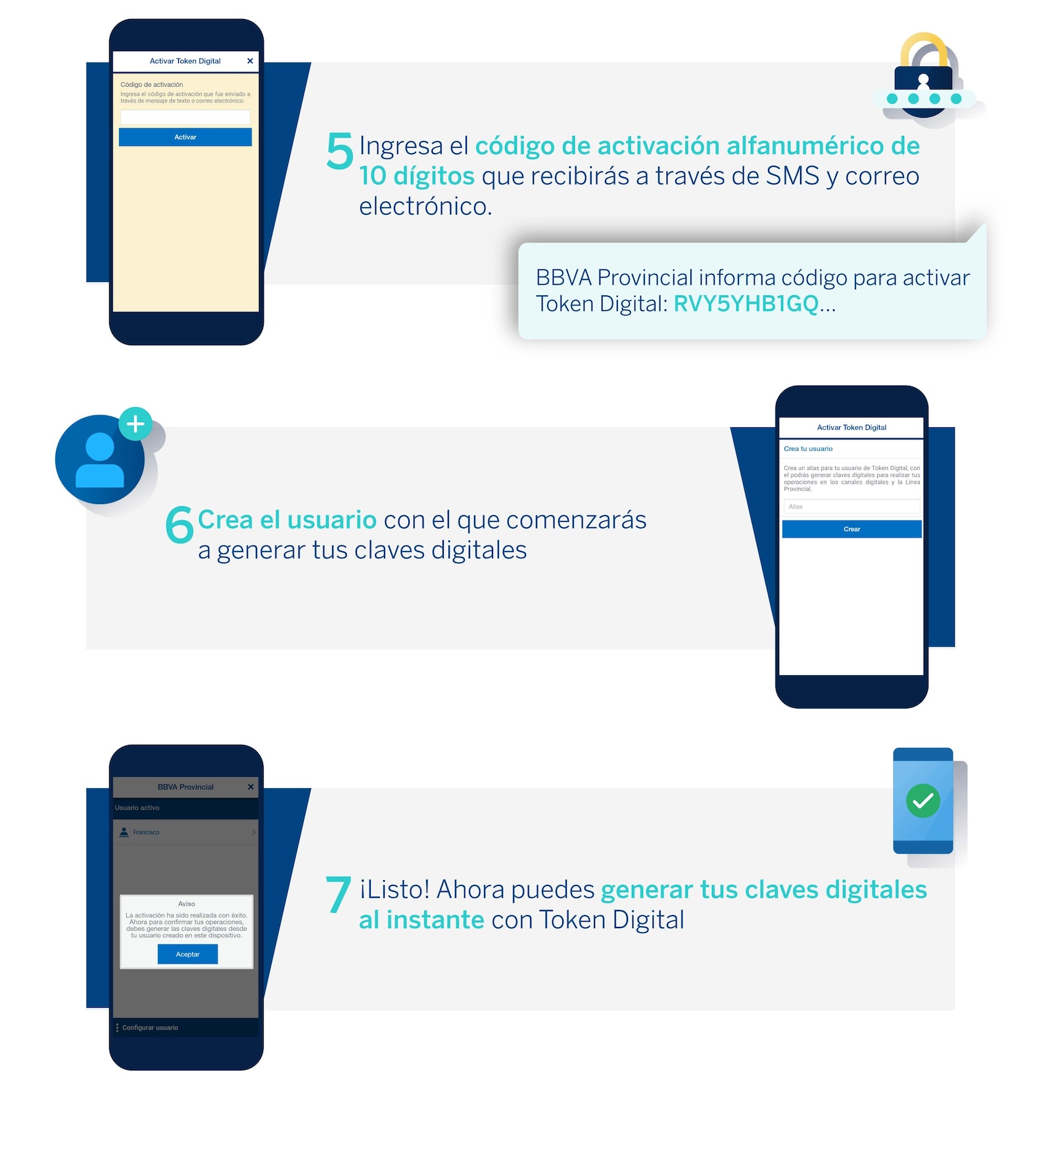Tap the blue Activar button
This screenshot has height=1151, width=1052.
185,137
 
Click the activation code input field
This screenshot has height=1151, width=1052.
185,117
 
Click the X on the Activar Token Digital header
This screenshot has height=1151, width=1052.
250,61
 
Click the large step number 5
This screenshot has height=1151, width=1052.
339,151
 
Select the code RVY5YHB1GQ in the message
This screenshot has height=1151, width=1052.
746,304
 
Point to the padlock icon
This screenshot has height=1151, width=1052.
924,76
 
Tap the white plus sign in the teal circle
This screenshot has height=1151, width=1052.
135,424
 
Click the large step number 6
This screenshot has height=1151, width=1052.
179,525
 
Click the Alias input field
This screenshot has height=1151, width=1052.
851,506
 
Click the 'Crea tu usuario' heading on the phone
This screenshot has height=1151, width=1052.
808,449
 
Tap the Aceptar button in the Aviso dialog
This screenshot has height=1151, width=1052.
187,954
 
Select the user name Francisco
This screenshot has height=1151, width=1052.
146,832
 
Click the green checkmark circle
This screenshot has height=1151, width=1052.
922,801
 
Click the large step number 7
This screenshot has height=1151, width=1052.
338,895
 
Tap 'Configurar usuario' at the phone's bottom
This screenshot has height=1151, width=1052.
150,1027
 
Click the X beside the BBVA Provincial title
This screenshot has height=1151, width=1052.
251,787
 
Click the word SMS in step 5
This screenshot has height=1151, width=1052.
792,176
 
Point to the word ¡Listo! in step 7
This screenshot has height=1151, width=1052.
394,889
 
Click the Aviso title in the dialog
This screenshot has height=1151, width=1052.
187,904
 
